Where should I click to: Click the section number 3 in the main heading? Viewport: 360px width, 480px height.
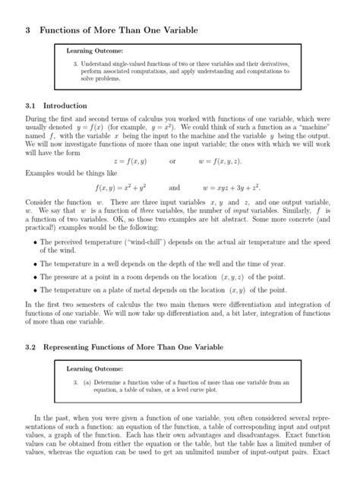tap(27, 30)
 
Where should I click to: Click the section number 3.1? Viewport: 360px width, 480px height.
tap(31, 106)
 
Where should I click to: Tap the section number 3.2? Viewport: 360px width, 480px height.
tap(31, 346)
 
